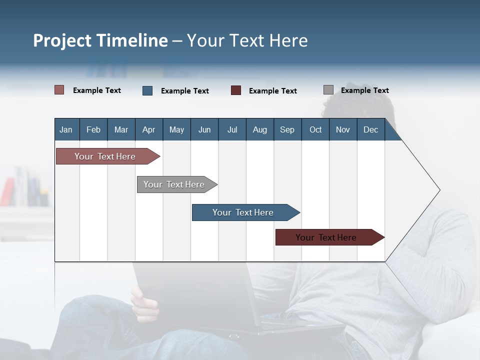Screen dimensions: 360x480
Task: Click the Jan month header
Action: coord(66,129)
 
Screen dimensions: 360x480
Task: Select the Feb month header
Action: coord(93,129)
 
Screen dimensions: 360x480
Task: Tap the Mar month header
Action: coord(121,129)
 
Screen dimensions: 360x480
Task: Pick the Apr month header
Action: coord(148,129)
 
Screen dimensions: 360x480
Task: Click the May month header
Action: coord(176,129)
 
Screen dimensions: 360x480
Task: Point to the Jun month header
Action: coord(204,129)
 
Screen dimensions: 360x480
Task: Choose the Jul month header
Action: coord(232,129)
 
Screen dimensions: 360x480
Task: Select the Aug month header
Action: coord(259,129)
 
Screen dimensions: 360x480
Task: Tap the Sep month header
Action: coord(287,129)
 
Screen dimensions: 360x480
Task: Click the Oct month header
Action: coord(315,129)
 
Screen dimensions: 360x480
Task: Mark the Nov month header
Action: coord(343,129)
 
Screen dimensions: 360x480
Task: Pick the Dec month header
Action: coord(370,129)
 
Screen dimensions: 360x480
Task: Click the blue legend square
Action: coord(147,90)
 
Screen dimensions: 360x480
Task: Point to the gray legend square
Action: coord(328,90)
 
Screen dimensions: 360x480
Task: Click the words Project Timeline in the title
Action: coord(100,40)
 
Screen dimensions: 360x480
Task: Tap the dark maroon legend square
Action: coord(236,90)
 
